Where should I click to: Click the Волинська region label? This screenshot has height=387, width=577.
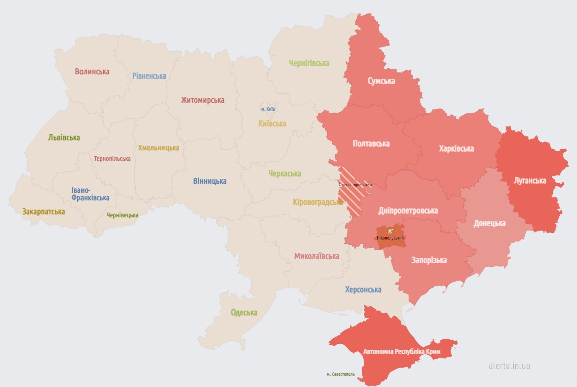coord(92,71)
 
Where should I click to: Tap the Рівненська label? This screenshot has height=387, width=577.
coord(149,76)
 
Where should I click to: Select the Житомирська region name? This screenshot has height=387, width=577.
coord(202,100)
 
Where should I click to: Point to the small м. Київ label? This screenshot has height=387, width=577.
coord(268,109)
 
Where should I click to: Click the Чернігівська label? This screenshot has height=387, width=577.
coord(309,63)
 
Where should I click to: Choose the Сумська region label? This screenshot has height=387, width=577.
coord(381,81)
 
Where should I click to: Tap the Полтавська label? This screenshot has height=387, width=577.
coord(371,143)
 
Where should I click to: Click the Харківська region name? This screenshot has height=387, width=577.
coord(456,148)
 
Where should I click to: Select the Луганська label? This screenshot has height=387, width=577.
coord(530,180)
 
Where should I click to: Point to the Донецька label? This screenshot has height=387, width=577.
coord(489,223)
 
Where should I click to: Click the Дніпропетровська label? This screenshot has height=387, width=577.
coord(407,210)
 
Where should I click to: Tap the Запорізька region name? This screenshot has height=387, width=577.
coord(429,260)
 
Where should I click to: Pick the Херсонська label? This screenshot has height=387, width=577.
coord(363,289)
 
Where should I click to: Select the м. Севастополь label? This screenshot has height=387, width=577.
coord(340,374)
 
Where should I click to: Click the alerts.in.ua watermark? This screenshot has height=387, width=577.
coord(509,365)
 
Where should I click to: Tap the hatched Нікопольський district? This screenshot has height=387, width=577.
coord(391,237)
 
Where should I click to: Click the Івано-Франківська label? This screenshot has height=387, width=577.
coord(90,194)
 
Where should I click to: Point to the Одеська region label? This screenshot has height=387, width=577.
coord(243,312)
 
